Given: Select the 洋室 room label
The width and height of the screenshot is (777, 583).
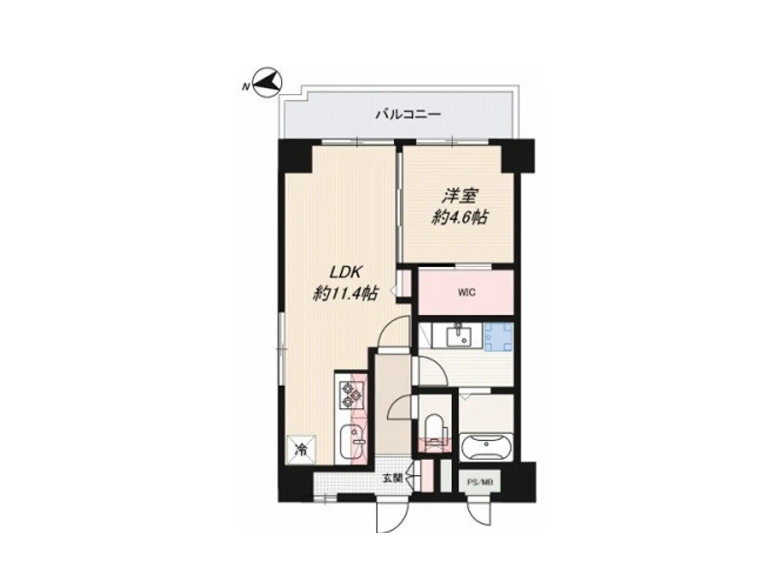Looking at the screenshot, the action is pyautogui.click(x=460, y=195).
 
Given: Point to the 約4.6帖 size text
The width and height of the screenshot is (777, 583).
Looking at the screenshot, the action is pyautogui.click(x=459, y=218).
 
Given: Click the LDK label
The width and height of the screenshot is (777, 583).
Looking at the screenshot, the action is pyautogui.click(x=346, y=272).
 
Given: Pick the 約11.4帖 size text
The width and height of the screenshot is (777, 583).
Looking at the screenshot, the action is pyautogui.click(x=345, y=293).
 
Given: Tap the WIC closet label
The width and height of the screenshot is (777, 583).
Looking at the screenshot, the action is pyautogui.click(x=466, y=292).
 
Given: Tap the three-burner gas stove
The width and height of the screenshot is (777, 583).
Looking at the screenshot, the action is pyautogui.click(x=351, y=395).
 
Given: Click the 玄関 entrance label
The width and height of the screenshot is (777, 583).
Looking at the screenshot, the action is pyautogui.click(x=392, y=478).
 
